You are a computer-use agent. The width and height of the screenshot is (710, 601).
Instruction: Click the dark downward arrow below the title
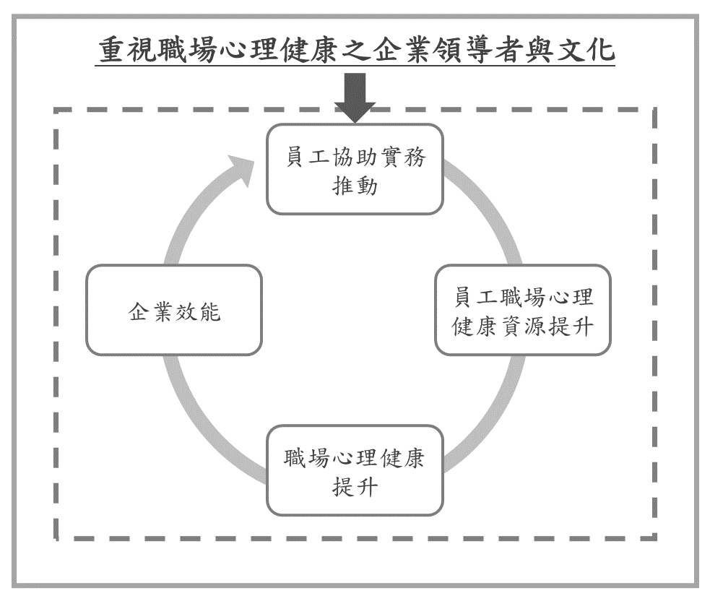pyautogui.click(x=355, y=100)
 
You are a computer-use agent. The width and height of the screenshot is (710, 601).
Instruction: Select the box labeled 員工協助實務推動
pyautogui.click(x=355, y=168)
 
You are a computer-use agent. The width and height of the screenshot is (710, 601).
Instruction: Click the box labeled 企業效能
pyautogui.click(x=173, y=310)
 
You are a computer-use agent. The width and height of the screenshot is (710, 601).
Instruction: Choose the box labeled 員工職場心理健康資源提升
pyautogui.click(x=522, y=310)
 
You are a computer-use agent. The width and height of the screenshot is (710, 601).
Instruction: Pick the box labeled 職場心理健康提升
pyautogui.click(x=355, y=470)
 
